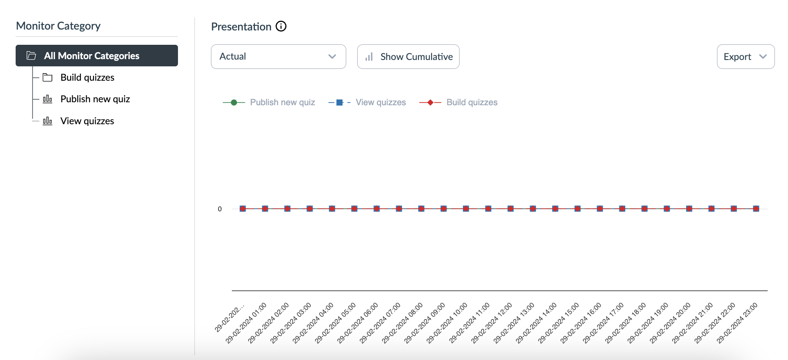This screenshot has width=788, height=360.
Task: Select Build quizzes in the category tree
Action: (88, 78)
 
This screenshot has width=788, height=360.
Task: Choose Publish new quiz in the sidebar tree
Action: (95, 99)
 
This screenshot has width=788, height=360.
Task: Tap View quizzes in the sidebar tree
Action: (87, 121)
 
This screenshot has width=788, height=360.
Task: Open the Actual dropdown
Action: (278, 57)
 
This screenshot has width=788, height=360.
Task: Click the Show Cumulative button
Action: (408, 57)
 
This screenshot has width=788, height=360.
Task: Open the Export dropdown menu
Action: (745, 57)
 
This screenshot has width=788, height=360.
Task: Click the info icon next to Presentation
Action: (281, 27)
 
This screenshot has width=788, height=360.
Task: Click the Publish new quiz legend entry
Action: (282, 103)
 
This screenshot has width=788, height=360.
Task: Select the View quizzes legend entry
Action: (380, 103)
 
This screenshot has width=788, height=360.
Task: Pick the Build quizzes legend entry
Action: (472, 103)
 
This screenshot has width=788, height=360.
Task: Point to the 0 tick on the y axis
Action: (220, 209)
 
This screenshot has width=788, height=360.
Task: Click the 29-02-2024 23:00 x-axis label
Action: (737, 323)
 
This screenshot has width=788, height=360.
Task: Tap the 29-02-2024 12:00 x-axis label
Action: (492, 323)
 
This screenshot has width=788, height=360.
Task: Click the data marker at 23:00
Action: (756, 209)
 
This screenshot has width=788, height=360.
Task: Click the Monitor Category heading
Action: (58, 26)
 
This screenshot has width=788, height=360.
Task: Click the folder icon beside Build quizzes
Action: (48, 78)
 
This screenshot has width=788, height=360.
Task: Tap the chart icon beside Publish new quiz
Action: (48, 99)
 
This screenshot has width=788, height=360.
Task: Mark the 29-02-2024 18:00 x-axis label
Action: (626, 323)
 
